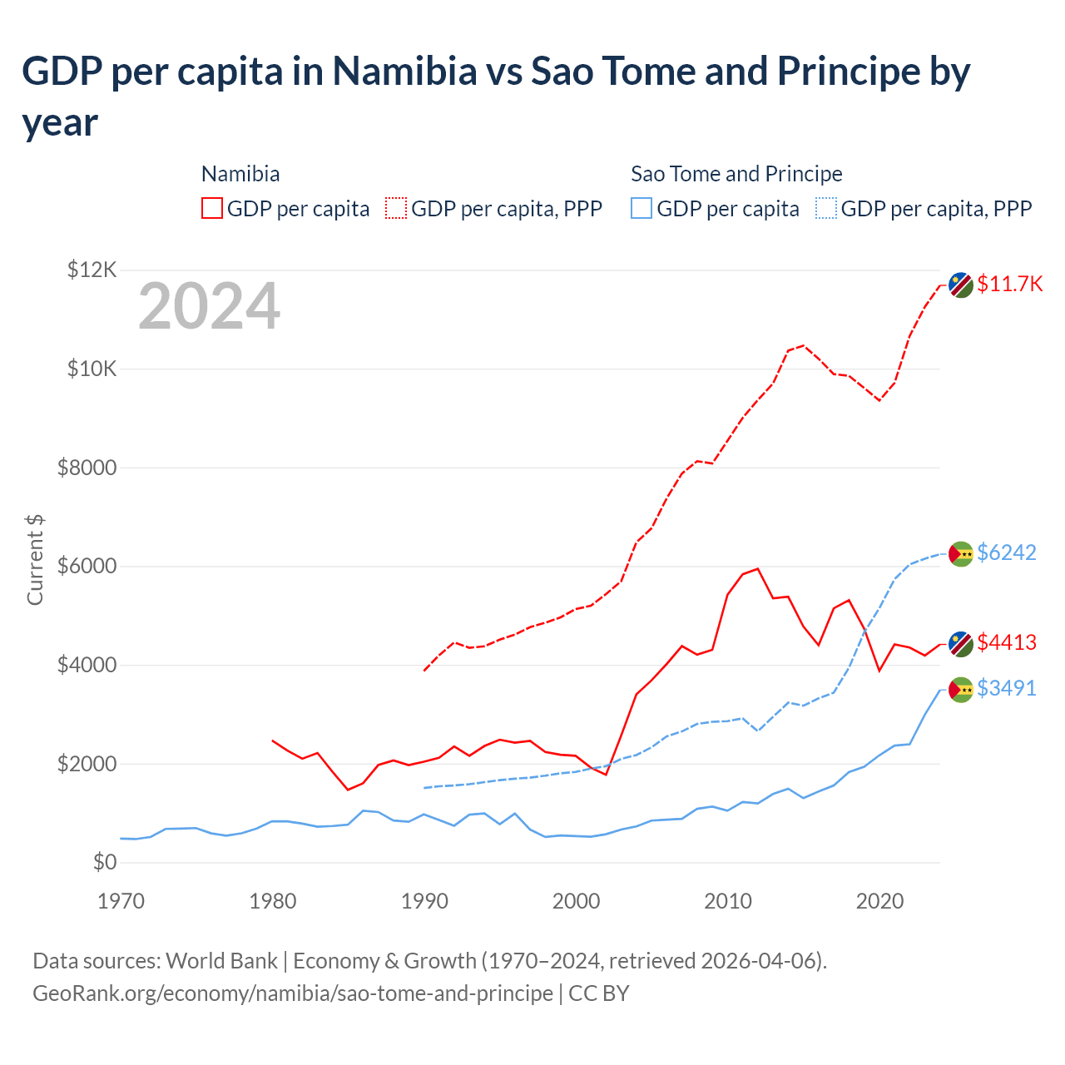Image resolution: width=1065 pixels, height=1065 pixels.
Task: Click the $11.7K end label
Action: [x=1009, y=284]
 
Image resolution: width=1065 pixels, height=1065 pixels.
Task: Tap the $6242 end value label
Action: [x=1006, y=552]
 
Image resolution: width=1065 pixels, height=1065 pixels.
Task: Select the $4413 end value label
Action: [x=1006, y=642]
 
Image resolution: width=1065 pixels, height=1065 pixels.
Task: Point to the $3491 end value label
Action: [x=1006, y=688]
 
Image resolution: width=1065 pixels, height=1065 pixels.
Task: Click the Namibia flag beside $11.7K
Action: [x=961, y=285]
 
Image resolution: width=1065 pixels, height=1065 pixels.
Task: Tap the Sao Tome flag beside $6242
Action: [x=961, y=553]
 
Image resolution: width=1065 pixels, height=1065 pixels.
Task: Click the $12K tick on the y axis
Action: [x=92, y=270]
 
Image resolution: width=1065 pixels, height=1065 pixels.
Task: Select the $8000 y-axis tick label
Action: [x=87, y=468]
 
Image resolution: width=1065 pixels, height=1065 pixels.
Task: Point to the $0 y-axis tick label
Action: [x=104, y=862]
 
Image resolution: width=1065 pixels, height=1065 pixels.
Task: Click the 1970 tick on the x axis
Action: [x=121, y=901]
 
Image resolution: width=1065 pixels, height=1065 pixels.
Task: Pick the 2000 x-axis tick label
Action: [x=576, y=901]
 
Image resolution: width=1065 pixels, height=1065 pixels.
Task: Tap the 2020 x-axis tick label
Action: [x=879, y=901]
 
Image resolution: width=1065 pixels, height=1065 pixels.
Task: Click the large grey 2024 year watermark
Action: [x=209, y=306]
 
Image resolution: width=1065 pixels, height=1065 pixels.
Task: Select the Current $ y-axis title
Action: [x=35, y=559]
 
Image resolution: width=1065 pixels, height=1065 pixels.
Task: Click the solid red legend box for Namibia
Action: [x=212, y=208]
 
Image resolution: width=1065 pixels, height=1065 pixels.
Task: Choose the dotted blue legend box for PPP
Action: [x=826, y=208]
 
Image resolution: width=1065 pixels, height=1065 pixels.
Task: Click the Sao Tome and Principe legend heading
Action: [x=736, y=174]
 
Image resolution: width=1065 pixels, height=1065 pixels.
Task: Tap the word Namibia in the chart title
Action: [x=404, y=72]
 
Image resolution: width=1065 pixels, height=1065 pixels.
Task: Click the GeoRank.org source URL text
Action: [x=293, y=993]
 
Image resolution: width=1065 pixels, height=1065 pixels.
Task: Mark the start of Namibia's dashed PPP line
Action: [x=424, y=671]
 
